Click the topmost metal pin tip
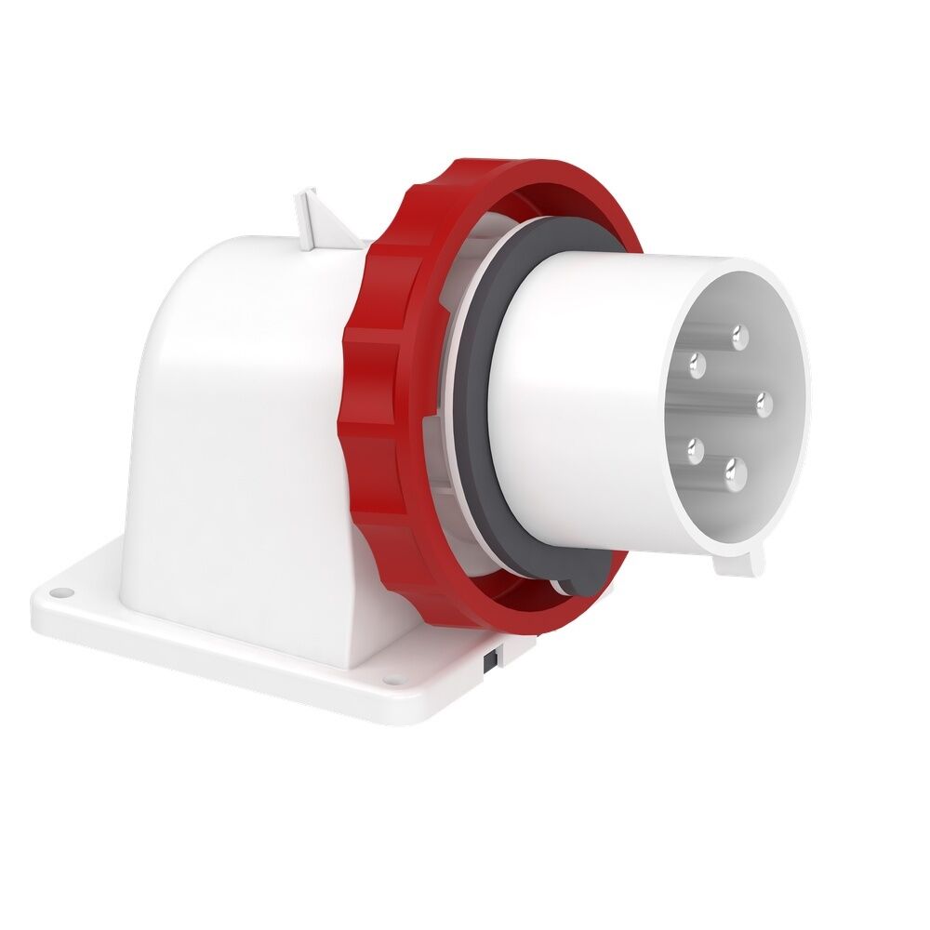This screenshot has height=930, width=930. coord(739,336)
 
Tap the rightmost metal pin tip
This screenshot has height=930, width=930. coord(764,402)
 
